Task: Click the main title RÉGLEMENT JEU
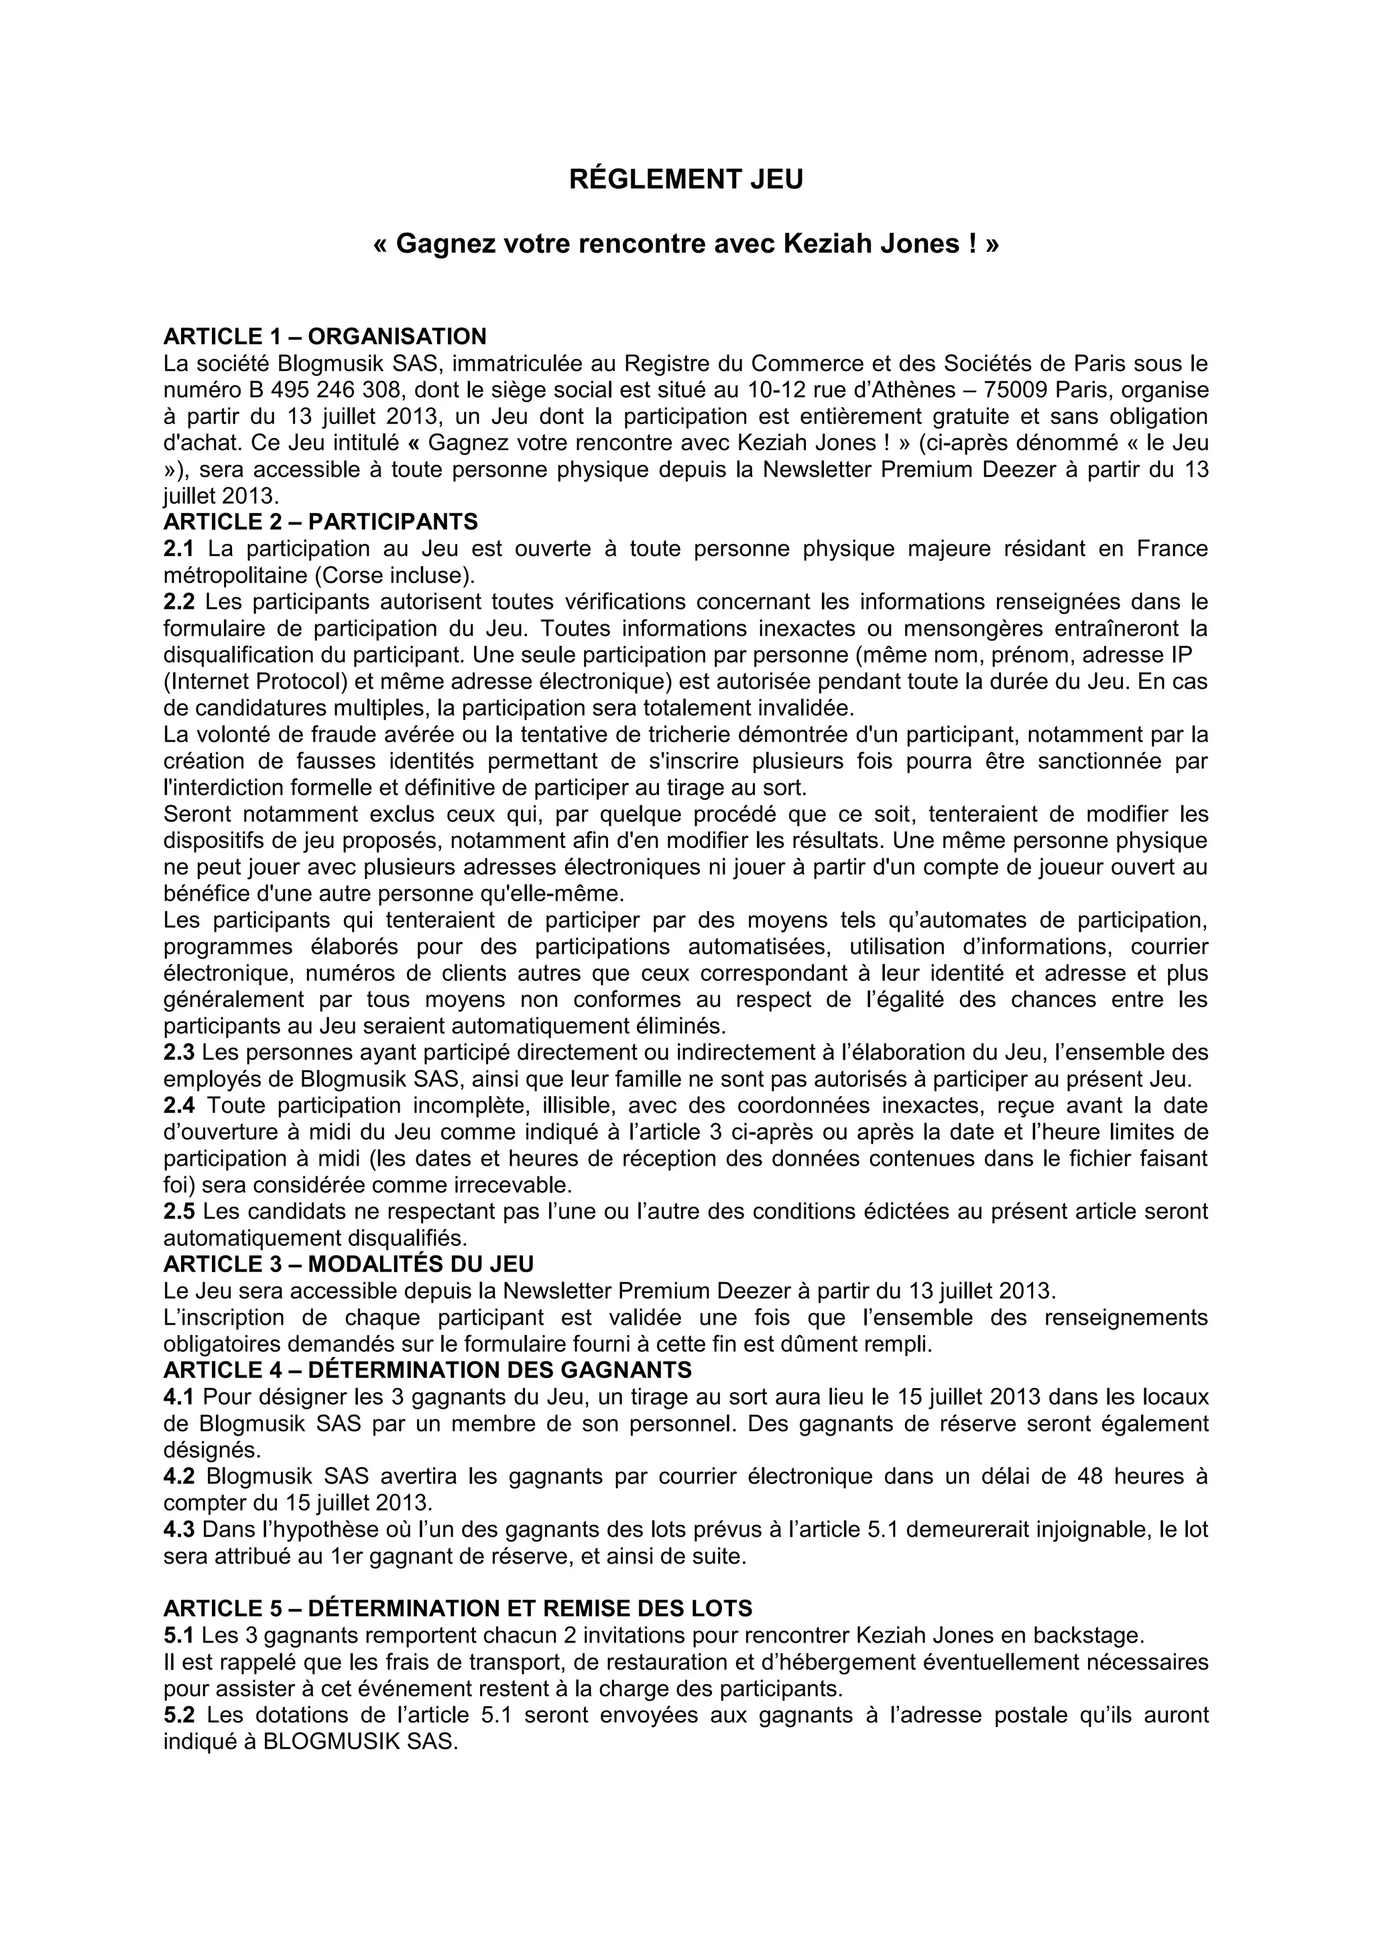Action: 686,180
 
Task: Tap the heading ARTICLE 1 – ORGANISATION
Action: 324,336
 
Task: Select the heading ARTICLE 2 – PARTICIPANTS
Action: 320,521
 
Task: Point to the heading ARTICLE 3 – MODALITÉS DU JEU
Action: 349,1264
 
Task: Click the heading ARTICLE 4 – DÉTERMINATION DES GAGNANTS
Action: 428,1370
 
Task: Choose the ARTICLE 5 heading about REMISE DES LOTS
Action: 457,1608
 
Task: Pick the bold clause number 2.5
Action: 178,1212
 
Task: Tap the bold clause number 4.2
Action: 178,1476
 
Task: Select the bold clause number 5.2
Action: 178,1714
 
